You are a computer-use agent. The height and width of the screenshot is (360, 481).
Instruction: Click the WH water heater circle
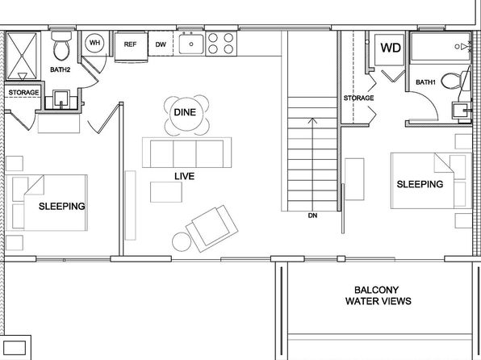click(x=94, y=43)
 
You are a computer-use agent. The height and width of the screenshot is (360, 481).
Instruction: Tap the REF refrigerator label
click(x=130, y=44)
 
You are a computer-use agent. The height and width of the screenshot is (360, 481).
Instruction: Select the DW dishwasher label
click(x=161, y=44)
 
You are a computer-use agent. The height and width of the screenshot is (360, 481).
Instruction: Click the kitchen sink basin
click(x=191, y=44)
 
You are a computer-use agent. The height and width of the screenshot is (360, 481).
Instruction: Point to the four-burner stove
click(x=221, y=44)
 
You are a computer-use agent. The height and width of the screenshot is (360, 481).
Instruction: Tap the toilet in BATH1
click(x=451, y=81)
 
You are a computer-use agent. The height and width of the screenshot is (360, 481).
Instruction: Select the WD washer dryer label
click(x=391, y=48)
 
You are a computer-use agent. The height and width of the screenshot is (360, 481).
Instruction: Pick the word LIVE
click(x=184, y=176)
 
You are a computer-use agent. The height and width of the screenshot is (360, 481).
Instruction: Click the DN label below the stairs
click(x=312, y=216)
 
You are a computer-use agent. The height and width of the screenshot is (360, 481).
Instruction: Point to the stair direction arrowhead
click(x=312, y=120)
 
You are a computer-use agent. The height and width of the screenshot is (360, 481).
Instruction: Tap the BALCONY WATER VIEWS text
click(x=379, y=295)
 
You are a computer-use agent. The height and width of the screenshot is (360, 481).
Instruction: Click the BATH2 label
click(x=60, y=69)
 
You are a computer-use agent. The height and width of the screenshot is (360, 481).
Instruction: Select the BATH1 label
click(x=425, y=82)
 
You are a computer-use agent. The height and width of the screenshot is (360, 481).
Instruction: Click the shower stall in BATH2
click(x=22, y=56)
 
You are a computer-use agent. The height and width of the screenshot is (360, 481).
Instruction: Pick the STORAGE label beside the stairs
click(x=358, y=98)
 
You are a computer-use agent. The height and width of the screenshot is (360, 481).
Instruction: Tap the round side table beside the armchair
click(x=182, y=242)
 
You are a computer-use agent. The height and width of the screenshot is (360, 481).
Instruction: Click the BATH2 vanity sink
click(x=61, y=99)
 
